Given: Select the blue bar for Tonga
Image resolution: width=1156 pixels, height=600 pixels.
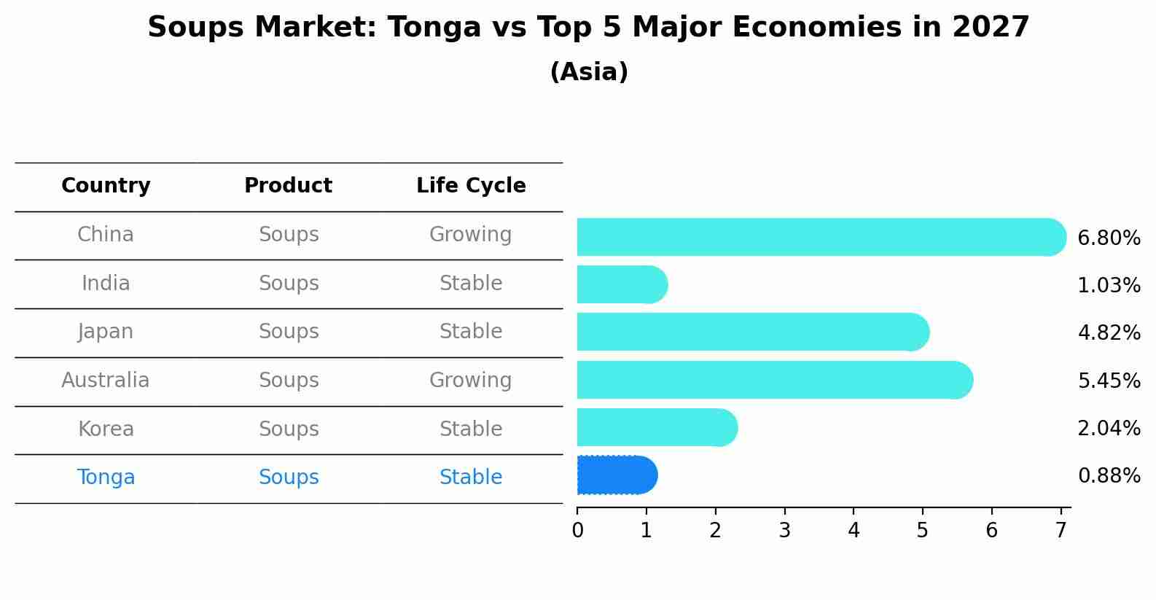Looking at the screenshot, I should tap(617, 475).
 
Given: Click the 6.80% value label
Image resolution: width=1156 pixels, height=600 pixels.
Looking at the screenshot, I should tap(1109, 238).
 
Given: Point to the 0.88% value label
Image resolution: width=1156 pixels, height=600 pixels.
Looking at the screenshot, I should tap(1109, 476).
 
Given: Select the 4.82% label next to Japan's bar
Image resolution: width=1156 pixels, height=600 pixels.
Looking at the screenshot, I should tap(1109, 333).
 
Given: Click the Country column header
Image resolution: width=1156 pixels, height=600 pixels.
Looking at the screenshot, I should tap(106, 186).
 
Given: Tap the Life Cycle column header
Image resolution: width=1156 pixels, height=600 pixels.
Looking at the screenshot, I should tap(471, 186).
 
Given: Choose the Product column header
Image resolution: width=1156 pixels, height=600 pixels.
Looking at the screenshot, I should tap(288, 186).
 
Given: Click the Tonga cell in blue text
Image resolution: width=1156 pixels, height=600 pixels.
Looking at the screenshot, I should tap(106, 478).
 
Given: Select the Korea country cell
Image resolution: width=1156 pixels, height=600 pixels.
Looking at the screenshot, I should tap(106, 429).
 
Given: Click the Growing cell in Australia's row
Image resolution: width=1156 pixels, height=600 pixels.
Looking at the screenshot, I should tap(470, 380).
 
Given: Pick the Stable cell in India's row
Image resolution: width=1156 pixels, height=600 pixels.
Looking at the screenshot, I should tap(471, 283).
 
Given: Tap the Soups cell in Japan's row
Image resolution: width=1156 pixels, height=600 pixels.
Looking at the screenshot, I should tap(289, 332).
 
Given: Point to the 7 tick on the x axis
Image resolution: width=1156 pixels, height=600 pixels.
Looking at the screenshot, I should tap(1061, 531).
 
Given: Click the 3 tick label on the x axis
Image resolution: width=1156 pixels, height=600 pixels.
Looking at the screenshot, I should tap(784, 531).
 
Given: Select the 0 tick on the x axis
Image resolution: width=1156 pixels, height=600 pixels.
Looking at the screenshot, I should tap(577, 531).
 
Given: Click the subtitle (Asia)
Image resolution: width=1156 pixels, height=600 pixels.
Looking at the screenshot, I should tap(588, 72).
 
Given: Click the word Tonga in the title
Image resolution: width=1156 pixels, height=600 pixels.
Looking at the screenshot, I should tap(434, 28).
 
